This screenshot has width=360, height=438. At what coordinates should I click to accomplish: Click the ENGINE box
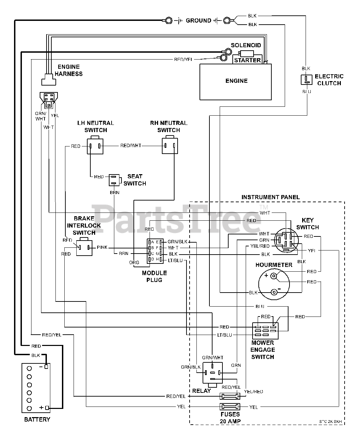(x=236, y=81)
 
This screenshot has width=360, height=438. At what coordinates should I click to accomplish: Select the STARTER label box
(x=247, y=60)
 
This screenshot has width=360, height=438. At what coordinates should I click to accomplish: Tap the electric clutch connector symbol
(x=306, y=80)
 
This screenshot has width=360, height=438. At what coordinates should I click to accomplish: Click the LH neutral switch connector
(x=95, y=146)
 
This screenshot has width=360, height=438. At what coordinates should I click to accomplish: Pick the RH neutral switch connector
(x=170, y=146)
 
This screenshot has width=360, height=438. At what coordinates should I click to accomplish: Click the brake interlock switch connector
(x=84, y=247)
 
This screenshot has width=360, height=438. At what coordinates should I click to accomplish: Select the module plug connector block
(x=155, y=251)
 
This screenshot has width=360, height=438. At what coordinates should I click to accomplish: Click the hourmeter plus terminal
(x=273, y=276)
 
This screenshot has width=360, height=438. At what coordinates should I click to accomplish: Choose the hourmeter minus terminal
(x=274, y=292)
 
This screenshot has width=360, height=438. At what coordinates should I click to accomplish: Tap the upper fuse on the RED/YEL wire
(x=230, y=396)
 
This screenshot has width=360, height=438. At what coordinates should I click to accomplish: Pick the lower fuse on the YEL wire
(x=230, y=407)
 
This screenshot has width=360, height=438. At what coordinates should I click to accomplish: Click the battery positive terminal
(x=47, y=408)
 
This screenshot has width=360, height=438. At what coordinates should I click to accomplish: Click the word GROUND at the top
(x=198, y=21)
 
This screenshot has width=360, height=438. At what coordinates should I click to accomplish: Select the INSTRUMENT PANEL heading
(x=270, y=197)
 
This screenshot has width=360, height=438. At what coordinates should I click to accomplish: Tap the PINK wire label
(x=102, y=247)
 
